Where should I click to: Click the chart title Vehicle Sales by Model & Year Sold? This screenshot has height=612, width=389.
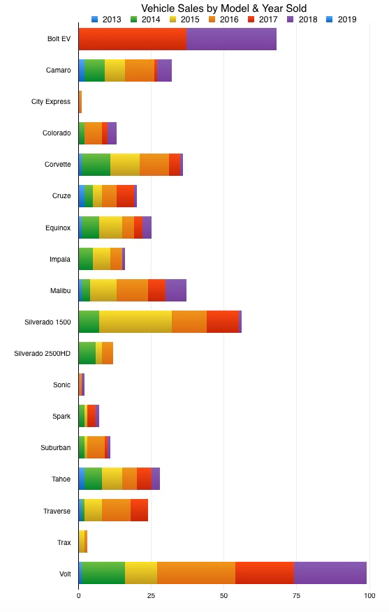[x=223, y=8]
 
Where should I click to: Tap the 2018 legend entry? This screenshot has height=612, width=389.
[x=302, y=19]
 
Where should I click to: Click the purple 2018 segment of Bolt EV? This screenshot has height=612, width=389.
[x=231, y=39]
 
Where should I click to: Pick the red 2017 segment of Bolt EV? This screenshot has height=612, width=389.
[x=133, y=39]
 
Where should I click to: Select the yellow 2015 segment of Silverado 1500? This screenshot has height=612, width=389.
[x=135, y=322]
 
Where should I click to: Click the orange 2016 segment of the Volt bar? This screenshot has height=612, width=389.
[x=196, y=574]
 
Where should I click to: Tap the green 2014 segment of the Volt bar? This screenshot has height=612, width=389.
[x=103, y=574]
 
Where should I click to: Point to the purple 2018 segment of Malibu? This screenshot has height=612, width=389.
[x=176, y=290]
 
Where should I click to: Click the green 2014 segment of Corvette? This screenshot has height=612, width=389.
[x=96, y=165]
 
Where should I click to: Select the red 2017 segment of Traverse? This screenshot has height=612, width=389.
[x=139, y=511]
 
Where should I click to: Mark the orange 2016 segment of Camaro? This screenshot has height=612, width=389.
[x=140, y=70]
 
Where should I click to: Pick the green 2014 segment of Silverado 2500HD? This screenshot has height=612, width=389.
[x=87, y=354]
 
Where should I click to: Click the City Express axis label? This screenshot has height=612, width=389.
[x=51, y=102]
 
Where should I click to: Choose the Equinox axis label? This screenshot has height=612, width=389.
[x=58, y=227]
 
